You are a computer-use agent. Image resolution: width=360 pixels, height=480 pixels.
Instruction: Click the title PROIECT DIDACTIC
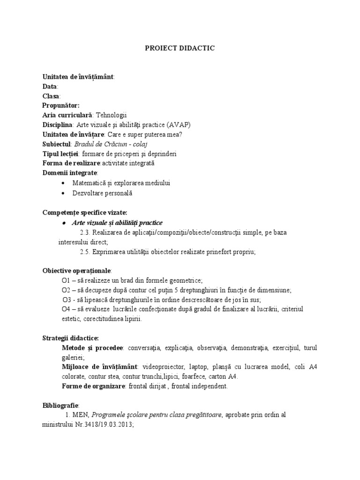(x=180, y=48)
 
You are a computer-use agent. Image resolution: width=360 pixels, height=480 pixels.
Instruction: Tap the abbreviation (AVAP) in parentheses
(x=178, y=125)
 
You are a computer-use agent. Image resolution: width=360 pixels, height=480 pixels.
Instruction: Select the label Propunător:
(x=61, y=105)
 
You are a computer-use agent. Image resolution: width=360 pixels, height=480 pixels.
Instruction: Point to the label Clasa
(x=51, y=96)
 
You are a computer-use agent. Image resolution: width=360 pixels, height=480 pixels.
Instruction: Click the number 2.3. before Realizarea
(x=85, y=232)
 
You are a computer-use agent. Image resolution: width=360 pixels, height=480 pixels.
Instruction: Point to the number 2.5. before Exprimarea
(x=85, y=252)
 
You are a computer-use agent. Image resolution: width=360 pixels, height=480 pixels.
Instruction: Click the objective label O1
(x=66, y=280)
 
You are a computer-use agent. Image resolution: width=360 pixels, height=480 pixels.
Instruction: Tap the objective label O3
(x=67, y=300)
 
